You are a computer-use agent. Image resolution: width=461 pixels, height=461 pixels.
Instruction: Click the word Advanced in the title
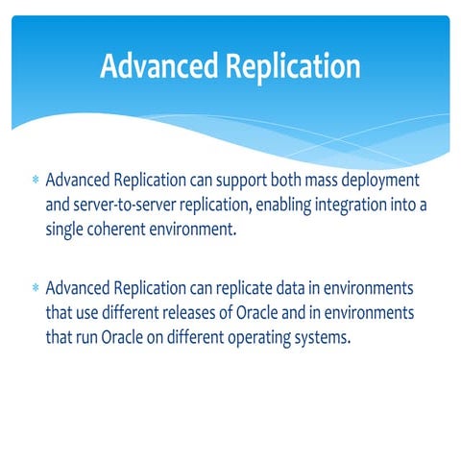(x=158, y=66)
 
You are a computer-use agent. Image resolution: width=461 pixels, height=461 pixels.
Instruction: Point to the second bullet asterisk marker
(x=35, y=288)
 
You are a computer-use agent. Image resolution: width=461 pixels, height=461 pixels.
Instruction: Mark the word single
(x=66, y=230)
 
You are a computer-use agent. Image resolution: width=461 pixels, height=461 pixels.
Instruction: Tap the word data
(x=293, y=288)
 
